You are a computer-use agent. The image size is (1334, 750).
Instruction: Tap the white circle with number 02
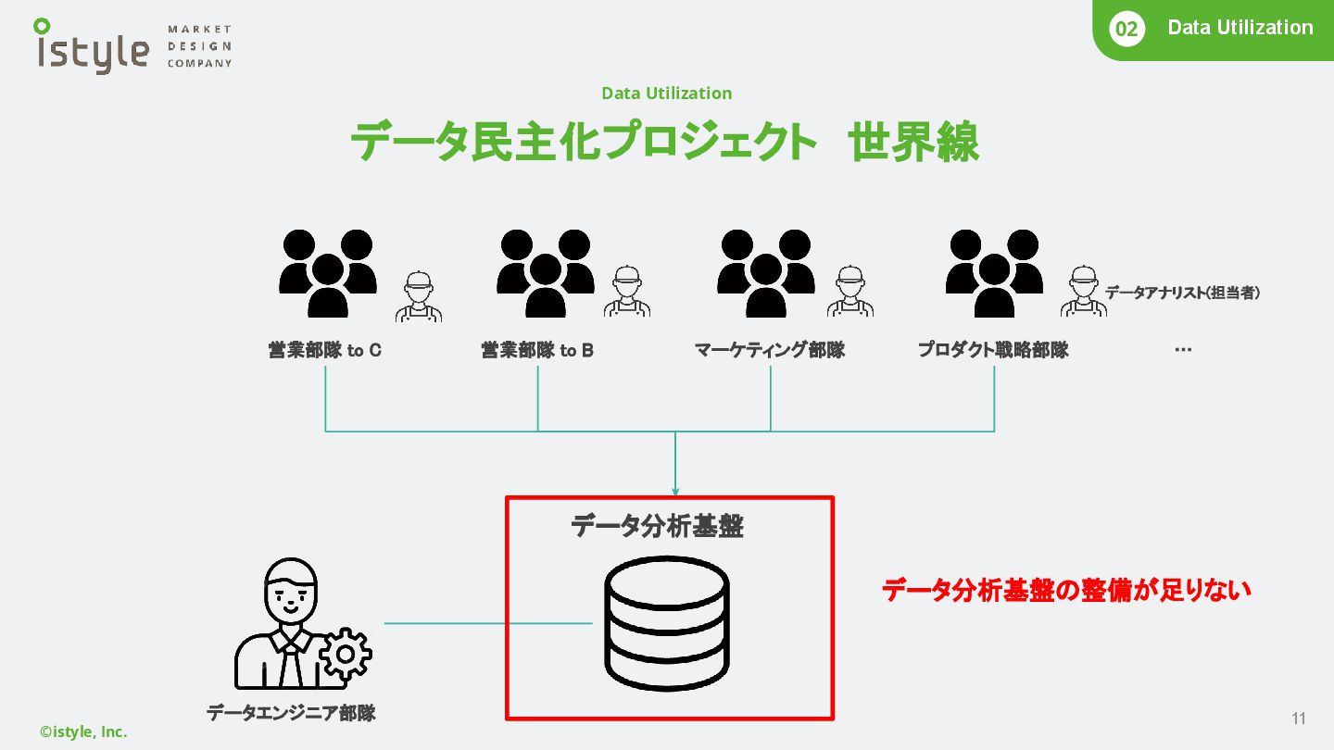point(1126,30)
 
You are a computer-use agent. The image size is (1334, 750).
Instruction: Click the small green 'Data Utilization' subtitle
point(666,94)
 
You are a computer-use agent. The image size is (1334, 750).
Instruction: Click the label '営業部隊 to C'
point(325,351)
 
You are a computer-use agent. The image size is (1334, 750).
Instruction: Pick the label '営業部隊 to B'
point(537,351)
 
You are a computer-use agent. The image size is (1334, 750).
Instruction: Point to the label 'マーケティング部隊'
point(770,351)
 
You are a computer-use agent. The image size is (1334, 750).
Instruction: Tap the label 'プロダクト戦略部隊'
point(993,351)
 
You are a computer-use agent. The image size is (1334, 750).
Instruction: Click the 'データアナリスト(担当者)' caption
point(1182,294)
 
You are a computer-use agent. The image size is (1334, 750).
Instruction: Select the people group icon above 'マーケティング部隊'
point(766,273)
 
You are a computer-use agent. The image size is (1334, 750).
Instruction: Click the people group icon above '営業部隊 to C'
point(328,273)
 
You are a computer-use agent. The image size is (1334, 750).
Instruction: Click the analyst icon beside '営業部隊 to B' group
point(627,293)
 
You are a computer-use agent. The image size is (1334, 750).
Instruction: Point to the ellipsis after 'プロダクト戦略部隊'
point(1182,350)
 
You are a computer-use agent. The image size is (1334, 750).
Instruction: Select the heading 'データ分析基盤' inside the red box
point(657,527)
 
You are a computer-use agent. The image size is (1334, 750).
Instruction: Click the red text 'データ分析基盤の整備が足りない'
point(1066,591)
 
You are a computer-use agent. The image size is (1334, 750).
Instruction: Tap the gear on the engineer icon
point(346,654)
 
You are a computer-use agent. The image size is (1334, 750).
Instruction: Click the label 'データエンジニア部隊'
point(291,713)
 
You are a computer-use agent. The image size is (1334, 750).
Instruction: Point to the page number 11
point(1298,719)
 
